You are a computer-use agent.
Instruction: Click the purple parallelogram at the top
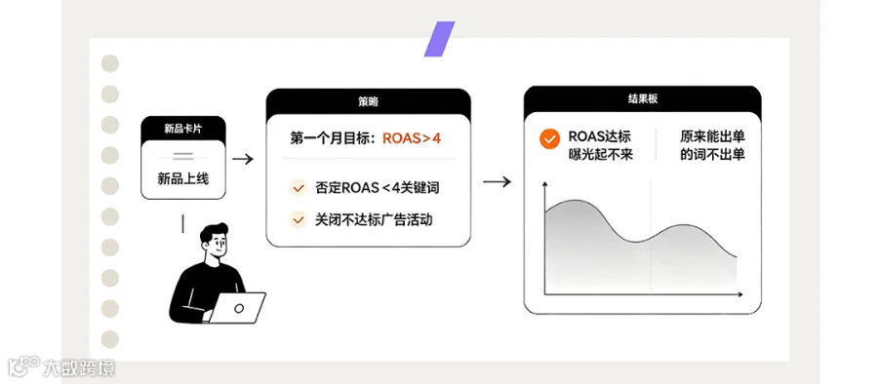[440, 39]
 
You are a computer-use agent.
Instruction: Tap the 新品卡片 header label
[183, 129]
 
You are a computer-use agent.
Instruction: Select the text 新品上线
[183, 179]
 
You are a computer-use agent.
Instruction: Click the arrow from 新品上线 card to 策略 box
[243, 160]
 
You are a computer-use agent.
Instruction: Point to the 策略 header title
[368, 102]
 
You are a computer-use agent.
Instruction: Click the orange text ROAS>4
[412, 138]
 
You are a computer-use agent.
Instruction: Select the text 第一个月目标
[331, 138]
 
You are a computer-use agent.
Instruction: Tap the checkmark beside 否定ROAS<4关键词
[298, 187]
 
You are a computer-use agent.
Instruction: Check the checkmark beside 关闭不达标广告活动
[298, 219]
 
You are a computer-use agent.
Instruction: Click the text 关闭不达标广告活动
[374, 219]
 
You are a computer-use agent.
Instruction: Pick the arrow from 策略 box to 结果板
[497, 182]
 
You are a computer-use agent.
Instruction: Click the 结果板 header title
[642, 99]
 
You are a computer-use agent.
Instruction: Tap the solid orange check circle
[550, 138]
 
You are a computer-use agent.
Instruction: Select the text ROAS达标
[600, 136]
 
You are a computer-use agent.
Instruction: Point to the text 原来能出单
[713, 136]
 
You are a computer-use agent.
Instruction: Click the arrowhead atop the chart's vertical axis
[544, 185]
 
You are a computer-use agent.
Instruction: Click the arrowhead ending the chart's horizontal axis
[739, 294]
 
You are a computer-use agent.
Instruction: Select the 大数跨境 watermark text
[79, 368]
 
